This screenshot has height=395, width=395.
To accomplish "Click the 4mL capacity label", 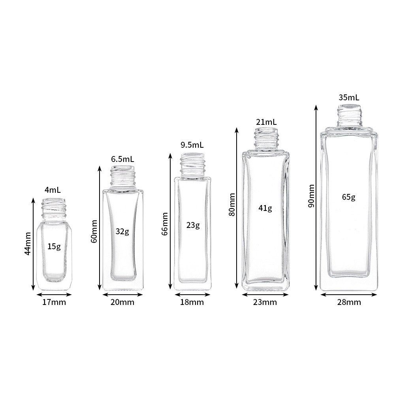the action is click(53, 190).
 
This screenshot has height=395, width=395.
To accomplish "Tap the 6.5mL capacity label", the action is click(122, 159).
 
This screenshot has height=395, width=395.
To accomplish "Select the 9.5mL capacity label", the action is click(192, 145).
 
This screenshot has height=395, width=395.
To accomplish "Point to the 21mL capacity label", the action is click(266, 122).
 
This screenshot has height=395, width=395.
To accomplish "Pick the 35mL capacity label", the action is click(349, 98).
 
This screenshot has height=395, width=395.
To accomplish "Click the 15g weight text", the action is click(54, 246).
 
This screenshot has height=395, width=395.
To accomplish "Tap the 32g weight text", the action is click(122, 231).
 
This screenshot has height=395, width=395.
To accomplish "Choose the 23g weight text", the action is click(193, 225).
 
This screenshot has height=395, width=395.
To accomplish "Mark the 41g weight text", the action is click(265, 208).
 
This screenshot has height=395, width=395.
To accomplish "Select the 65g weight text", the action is click(349, 197).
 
